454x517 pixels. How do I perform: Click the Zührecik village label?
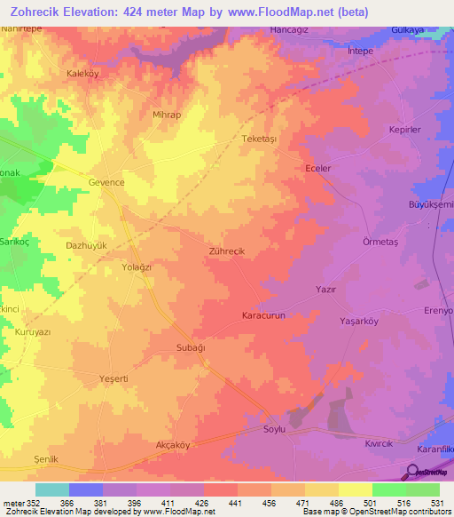click(x=225, y=252)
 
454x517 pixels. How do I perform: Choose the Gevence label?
click(x=106, y=181)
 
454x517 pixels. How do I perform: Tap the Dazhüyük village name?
click(x=87, y=244)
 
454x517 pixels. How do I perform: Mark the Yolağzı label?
click(x=137, y=266)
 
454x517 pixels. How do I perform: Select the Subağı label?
click(x=191, y=347)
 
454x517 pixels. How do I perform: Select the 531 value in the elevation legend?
click(x=438, y=503)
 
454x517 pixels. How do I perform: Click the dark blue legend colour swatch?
click(x=86, y=489)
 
